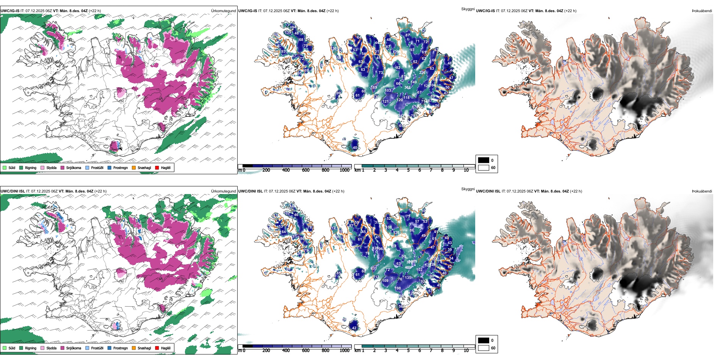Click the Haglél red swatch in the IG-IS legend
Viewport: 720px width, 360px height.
(157, 167)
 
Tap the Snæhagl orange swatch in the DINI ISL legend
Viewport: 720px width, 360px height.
(134, 348)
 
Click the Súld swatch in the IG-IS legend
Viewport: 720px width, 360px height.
(5, 167)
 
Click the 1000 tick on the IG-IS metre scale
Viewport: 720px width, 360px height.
(344, 170)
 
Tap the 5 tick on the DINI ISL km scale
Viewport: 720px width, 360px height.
(409, 351)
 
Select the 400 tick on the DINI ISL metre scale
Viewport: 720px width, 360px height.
(286, 351)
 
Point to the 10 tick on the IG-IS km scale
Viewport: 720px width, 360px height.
(466, 170)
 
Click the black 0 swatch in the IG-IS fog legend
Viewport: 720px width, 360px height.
(484, 160)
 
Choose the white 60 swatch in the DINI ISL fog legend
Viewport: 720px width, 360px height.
(484, 348)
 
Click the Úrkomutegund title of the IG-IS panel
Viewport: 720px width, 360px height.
(223, 11)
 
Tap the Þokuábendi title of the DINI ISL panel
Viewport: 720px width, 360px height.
(702, 191)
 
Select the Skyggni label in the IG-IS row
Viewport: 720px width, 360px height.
(468, 9)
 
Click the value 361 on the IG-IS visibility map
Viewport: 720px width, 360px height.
(407, 88)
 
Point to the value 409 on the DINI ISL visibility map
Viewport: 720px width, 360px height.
(408, 268)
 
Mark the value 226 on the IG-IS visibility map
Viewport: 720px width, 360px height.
(422, 72)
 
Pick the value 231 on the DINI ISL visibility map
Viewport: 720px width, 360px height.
(374, 268)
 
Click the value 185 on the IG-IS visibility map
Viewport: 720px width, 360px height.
(374, 88)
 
